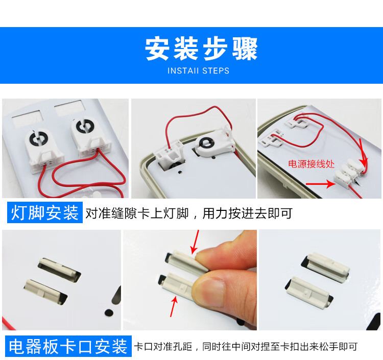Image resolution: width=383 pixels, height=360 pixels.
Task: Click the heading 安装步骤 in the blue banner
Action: tap(201, 49)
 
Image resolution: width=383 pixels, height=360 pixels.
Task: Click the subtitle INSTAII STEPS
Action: tap(198, 71)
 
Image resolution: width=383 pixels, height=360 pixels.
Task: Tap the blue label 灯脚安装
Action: tap(45, 212)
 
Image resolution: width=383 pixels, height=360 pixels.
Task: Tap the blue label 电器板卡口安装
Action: tap(68, 346)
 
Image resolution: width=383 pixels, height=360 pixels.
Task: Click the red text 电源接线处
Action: tap(311, 164)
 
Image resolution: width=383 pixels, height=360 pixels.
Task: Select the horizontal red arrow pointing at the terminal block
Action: tap(321, 184)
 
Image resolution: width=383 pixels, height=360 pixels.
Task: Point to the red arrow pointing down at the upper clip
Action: tap(195, 242)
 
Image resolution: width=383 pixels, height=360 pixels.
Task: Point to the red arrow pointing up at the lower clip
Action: tap(174, 306)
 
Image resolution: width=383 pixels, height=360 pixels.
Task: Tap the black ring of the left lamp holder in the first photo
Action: tap(38, 138)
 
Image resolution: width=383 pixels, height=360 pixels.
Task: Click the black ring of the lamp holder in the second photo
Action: tap(206, 143)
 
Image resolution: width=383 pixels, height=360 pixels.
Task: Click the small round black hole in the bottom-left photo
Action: tap(109, 313)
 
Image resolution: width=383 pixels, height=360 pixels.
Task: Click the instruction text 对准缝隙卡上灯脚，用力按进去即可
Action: tap(189, 213)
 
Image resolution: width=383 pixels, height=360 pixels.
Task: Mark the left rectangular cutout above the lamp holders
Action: tap(28, 118)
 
